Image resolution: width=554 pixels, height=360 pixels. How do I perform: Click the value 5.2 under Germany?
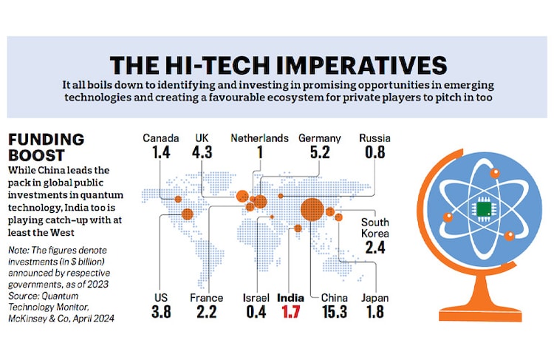[x=319, y=154]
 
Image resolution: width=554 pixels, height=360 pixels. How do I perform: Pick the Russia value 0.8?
[x=375, y=154]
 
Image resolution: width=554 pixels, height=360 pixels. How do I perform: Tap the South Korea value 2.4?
[x=375, y=247]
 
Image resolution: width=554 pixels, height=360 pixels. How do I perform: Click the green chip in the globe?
[x=485, y=211]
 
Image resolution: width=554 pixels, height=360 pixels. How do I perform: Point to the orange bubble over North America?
[x=187, y=214]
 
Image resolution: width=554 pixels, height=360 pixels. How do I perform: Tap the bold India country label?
[x=290, y=299]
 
